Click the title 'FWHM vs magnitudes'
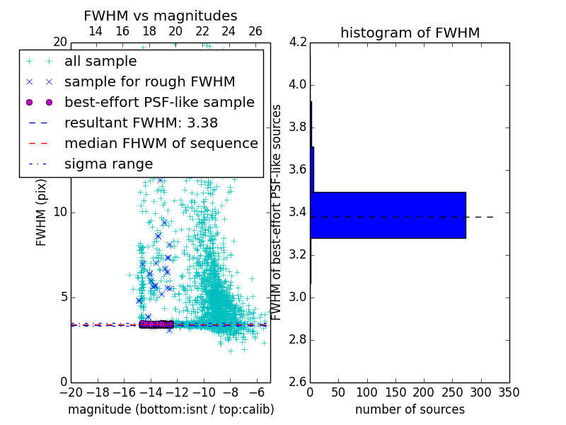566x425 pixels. pos(161,16)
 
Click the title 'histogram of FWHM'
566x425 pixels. pos(410,33)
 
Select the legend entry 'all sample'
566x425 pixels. pos(100,62)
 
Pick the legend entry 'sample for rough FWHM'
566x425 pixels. pos(150,81)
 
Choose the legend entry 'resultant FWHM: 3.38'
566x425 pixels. pos(141,123)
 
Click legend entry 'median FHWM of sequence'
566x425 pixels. pos(161,143)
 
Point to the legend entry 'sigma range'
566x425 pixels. pos(108,164)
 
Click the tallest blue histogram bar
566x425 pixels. pos(388,215)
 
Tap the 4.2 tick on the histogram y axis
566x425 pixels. pos(297,42)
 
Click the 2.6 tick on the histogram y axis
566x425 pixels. pos(297,382)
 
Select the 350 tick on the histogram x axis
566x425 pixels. pos(509,392)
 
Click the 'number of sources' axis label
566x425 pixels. pos(410,409)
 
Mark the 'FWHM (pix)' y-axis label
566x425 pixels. pos(42,212)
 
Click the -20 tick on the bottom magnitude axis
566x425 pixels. pos(71,392)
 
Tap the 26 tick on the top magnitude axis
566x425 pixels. pos(255,31)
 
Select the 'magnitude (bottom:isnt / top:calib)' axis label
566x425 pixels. pos(171,409)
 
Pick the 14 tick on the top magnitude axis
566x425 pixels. pos(96,31)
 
